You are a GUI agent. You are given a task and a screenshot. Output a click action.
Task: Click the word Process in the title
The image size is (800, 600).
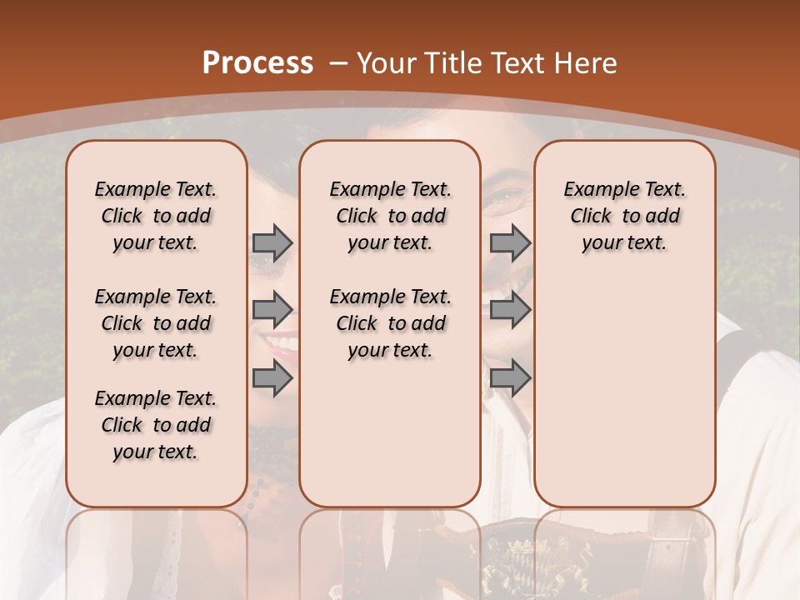click(257, 62)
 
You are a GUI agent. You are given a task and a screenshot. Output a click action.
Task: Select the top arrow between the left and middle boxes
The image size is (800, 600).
click(272, 242)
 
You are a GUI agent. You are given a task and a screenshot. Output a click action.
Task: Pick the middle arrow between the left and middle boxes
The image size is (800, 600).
click(272, 311)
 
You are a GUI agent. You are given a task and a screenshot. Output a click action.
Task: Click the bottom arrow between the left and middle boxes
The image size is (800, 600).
click(272, 378)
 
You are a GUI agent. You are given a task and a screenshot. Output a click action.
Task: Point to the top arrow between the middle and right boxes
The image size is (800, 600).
click(510, 242)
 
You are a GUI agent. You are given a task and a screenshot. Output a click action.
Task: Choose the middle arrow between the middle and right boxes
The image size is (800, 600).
click(510, 311)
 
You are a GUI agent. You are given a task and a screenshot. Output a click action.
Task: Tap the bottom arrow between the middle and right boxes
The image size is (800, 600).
click(510, 378)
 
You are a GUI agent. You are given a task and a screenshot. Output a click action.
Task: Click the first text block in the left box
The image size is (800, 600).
click(156, 216)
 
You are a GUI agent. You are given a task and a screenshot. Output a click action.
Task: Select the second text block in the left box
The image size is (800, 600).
click(156, 323)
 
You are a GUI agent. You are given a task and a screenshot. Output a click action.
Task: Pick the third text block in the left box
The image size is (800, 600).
click(156, 425)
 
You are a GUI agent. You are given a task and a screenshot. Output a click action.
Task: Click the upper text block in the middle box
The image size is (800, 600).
click(390, 216)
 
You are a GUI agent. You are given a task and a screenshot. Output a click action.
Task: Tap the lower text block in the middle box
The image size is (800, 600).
click(390, 323)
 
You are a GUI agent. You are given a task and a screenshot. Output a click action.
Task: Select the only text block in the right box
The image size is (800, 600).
click(625, 216)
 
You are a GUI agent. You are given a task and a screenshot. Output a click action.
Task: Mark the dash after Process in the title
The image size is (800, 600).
click(338, 62)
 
